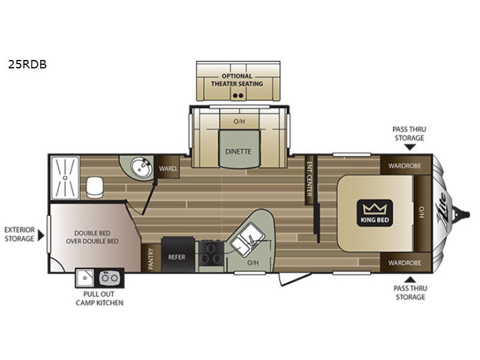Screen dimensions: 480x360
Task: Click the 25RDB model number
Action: (27, 64)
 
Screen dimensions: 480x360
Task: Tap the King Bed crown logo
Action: (374, 213)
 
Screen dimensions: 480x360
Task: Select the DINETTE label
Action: (238, 151)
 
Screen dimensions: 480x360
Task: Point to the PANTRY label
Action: (151, 259)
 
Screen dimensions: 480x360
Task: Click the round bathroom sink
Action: (141, 167)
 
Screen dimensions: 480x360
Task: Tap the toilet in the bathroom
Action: (95, 187)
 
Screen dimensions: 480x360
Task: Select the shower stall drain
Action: (65, 178)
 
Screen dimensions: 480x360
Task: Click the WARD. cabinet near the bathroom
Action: (168, 168)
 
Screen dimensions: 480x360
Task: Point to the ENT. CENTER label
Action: (309, 179)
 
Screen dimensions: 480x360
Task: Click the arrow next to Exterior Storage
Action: (41, 235)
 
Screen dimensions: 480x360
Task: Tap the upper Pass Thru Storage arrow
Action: (410, 147)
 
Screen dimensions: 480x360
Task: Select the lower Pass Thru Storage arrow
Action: (410, 280)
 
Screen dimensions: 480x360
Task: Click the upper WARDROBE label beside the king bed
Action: (404, 166)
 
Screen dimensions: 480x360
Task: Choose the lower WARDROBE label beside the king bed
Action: (404, 263)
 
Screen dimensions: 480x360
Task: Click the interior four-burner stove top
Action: (211, 253)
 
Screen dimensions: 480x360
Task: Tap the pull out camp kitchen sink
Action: (85, 278)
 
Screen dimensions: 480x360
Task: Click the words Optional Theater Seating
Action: (237, 80)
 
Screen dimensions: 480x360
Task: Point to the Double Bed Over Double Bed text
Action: (92, 237)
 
